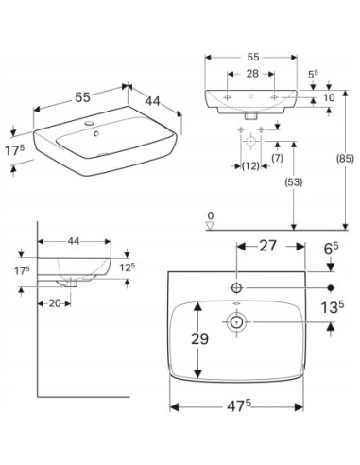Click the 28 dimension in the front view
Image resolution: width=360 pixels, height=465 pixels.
[x=252, y=74]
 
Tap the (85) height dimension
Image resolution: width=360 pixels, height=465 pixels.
[x=345, y=159]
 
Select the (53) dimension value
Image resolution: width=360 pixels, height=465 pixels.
[x=294, y=182]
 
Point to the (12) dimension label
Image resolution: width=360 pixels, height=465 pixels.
[x=250, y=165]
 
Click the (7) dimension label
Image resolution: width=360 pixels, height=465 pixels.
[x=277, y=158]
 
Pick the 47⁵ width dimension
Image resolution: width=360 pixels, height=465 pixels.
[x=239, y=406]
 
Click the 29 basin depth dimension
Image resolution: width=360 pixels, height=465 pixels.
[x=199, y=339]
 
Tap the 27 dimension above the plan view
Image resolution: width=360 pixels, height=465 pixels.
[x=267, y=246]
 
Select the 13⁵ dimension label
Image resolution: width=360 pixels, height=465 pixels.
[x=332, y=307]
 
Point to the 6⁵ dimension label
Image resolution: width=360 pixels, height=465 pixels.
[x=332, y=250]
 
